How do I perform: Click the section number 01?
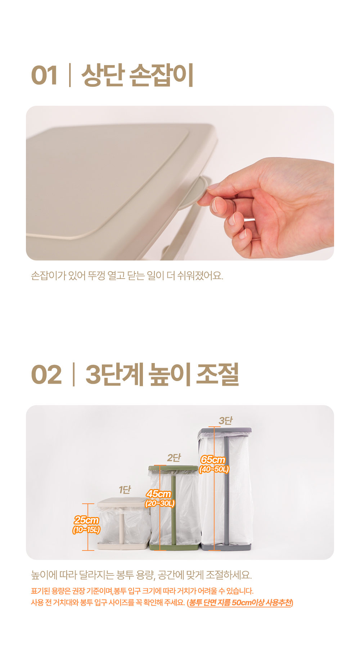tap(44, 76)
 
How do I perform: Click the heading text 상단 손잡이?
tap(138, 75)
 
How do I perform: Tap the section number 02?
tap(46, 375)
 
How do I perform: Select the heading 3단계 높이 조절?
tap(162, 374)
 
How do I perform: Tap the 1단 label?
tap(125, 490)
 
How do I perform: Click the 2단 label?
tap(174, 458)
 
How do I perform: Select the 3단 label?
tap(226, 421)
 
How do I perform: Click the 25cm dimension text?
tap(86, 520)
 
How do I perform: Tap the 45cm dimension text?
tap(159, 494)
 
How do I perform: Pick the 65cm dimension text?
tap(213, 459)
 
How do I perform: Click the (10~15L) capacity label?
tap(86, 530)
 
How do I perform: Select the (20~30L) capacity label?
tap(160, 503)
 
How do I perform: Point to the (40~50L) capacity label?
tap(214, 469)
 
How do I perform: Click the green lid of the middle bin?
tap(173, 468)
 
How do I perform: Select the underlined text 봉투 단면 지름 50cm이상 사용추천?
tap(240, 603)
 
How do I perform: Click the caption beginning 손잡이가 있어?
tap(127, 276)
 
